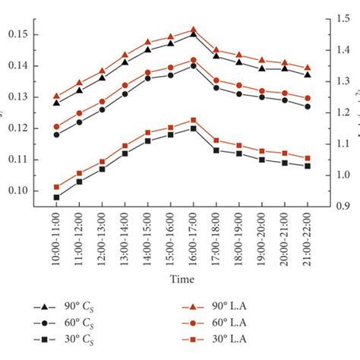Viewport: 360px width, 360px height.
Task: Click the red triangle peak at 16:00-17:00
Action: pyautogui.click(x=194, y=30)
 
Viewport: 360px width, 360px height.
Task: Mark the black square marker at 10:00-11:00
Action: pyautogui.click(x=57, y=197)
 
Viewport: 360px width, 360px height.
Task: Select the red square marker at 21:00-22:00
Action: pyautogui.click(x=308, y=159)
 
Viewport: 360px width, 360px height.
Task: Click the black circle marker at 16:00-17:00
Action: pyautogui.click(x=194, y=65)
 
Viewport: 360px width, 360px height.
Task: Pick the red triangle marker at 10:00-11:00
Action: pyautogui.click(x=57, y=96)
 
